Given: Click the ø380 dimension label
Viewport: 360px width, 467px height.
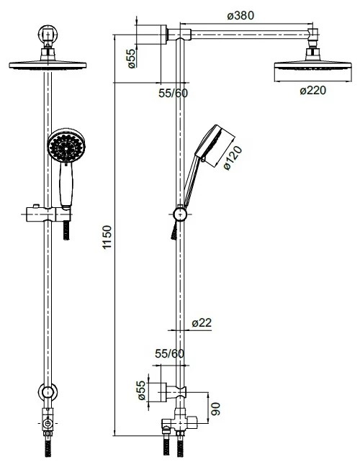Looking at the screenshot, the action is coord(240,16).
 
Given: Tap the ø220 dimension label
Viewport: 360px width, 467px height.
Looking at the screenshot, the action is coord(313,90).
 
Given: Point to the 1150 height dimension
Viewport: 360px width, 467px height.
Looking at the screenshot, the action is coord(107,237).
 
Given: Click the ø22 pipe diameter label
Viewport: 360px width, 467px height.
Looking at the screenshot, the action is coord(202,322).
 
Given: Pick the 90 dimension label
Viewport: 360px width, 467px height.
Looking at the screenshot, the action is coord(215,409).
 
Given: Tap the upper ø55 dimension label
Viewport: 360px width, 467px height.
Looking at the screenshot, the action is coord(131,58).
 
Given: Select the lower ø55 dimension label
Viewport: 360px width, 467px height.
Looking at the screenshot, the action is coord(142,390).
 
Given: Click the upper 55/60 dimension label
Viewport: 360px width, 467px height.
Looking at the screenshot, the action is coord(173,94).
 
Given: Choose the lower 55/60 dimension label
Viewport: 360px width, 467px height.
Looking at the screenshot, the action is coord(170,354).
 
